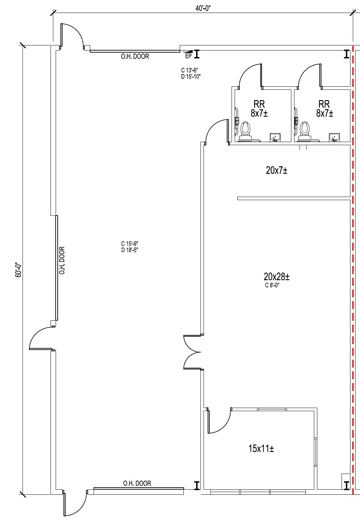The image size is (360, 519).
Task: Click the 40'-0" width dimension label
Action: (x=203, y=9)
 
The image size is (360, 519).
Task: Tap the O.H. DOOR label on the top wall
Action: (x=135, y=57)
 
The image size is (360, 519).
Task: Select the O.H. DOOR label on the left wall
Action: (x=62, y=261)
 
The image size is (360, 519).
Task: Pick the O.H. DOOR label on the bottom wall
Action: (x=137, y=483)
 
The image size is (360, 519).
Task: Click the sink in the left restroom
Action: (x=275, y=137)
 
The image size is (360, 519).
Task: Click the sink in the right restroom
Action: (x=334, y=137)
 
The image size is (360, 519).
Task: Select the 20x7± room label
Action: (x=276, y=170)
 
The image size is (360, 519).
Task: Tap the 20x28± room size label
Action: (x=276, y=276)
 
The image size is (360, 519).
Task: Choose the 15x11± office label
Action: (x=261, y=448)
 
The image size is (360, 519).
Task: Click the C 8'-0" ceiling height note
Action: (x=272, y=286)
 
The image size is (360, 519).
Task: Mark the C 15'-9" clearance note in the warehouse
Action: (x=129, y=244)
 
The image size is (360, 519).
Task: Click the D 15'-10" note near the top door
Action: (x=191, y=76)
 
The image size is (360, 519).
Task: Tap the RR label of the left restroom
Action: (x=259, y=103)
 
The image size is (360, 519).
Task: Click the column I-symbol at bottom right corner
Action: (x=346, y=485)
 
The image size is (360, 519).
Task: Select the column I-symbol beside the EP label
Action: (x=197, y=54)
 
